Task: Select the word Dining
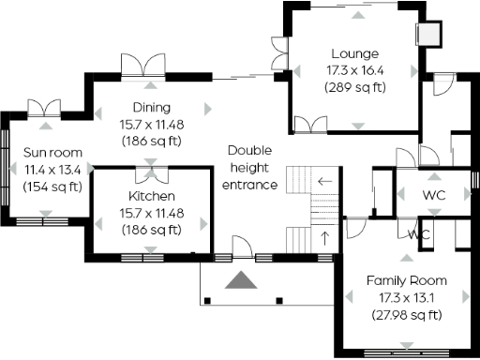[x=151, y=107]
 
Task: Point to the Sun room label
[x=52, y=153]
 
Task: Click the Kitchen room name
[x=151, y=196]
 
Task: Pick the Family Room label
[x=406, y=280]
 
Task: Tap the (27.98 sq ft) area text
[x=406, y=314]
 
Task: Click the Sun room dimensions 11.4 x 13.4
[x=52, y=170]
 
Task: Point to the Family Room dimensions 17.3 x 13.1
[x=406, y=297]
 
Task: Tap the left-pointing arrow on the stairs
[x=325, y=181]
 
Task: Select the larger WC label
[x=434, y=195]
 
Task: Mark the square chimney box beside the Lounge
[x=427, y=33]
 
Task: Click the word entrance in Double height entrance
[x=249, y=185]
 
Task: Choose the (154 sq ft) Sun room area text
[x=52, y=187]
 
